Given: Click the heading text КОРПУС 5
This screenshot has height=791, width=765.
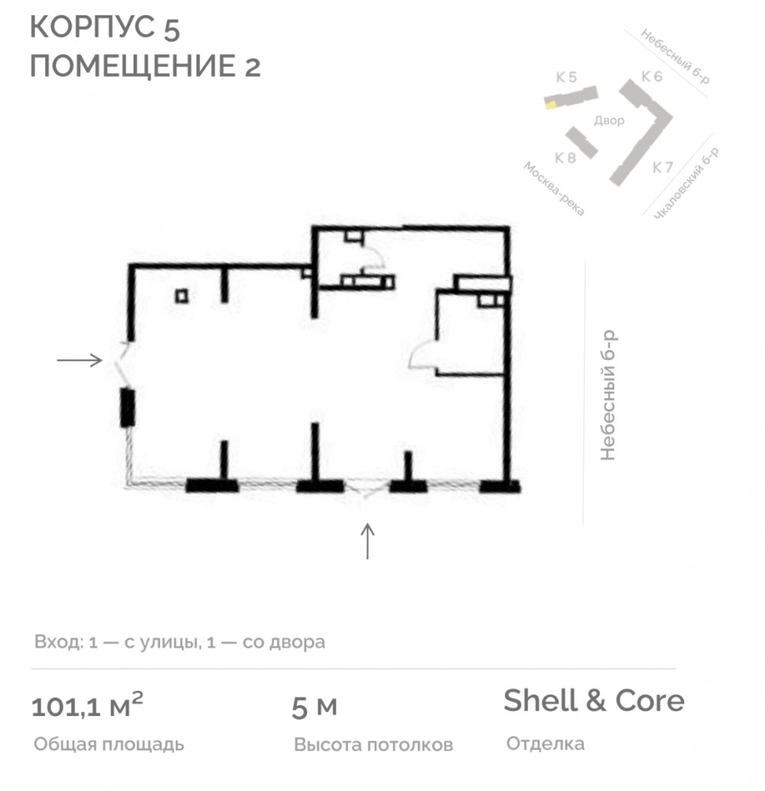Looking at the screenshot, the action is tap(105, 28).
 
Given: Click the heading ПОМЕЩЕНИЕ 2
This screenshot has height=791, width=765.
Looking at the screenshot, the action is tap(145, 66).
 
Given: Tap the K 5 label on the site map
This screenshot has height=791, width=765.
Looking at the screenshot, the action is tap(566, 77).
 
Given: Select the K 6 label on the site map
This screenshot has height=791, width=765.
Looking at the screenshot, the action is tap(652, 76).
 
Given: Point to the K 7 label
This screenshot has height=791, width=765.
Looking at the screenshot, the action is tap(662, 167).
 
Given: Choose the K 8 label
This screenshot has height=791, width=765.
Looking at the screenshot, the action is tap(565, 158).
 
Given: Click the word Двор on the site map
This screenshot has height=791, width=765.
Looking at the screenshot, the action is tap(609, 121).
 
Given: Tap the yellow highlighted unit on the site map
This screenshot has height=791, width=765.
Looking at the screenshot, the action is tap(551, 105).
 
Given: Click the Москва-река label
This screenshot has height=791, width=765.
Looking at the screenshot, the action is tap(554, 189).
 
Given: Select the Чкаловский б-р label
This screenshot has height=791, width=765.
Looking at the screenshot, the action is tap(686, 184).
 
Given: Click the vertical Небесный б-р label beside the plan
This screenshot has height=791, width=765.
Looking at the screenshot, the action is tap(608, 395).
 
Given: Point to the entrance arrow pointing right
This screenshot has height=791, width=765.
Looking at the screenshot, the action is tap(80, 360).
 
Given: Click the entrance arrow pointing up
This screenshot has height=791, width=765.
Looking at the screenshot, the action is tap(367, 542).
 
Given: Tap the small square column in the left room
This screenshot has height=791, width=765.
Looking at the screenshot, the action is tap(182, 295).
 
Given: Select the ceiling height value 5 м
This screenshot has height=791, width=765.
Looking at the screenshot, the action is tap(314, 708).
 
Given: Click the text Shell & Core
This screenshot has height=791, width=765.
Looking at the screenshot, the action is tap(594, 700).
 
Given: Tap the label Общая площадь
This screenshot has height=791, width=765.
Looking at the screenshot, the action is tap(109, 744).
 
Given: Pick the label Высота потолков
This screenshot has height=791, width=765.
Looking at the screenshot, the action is tap(373, 744).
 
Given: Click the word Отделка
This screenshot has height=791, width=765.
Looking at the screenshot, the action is tap(545, 744).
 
